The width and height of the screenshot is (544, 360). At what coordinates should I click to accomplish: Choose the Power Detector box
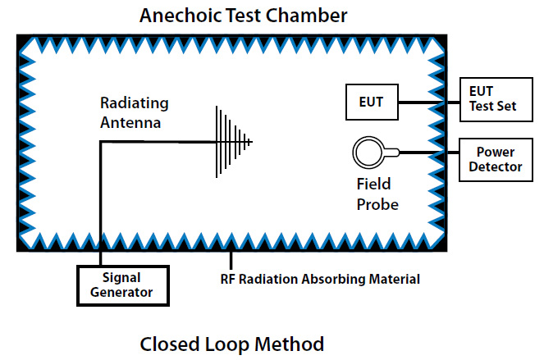click(x=495, y=160)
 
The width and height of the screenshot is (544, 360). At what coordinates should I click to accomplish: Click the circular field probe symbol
click(x=368, y=153)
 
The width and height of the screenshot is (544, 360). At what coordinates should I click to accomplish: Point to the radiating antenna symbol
click(x=234, y=142)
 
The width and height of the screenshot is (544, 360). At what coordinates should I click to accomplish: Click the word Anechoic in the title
click(x=179, y=15)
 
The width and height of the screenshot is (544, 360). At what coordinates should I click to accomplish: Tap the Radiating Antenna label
click(x=135, y=113)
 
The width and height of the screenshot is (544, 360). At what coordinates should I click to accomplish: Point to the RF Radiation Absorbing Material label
click(x=320, y=279)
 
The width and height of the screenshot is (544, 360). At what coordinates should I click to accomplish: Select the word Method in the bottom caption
click(x=291, y=343)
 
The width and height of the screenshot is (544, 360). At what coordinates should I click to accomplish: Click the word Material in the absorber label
click(x=392, y=279)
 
